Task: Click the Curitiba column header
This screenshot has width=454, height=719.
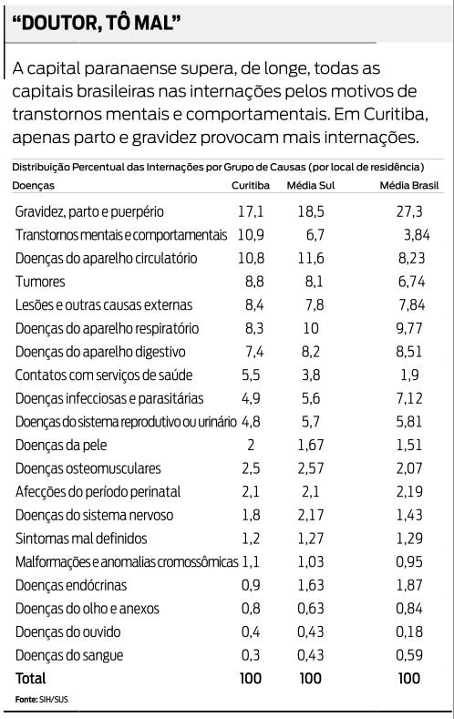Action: pos(249,186)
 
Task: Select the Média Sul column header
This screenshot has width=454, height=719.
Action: pos(309,186)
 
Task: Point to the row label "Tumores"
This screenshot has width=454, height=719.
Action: pos(39,282)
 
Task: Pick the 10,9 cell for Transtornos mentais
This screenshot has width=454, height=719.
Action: pos(249,234)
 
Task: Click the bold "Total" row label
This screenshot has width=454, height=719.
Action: pos(30,679)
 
